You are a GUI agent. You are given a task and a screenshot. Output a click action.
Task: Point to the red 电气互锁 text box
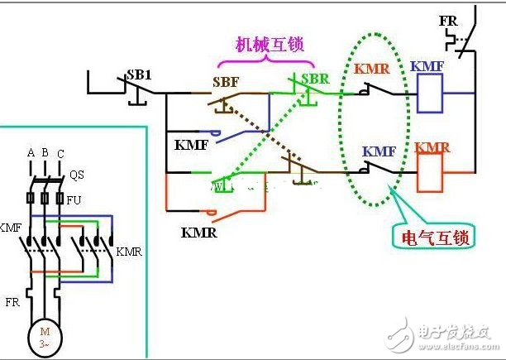point(430,238)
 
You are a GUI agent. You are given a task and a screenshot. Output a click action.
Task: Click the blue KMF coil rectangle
point(429,94)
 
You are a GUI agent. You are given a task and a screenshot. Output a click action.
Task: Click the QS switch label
point(76,175)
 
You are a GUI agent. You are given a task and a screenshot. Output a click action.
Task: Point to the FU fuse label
point(74,199)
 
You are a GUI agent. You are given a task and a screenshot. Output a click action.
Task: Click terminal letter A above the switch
point(31,153)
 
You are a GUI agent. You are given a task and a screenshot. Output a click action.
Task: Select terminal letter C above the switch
point(60,154)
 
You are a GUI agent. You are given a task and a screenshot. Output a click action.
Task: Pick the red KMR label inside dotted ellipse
point(372,69)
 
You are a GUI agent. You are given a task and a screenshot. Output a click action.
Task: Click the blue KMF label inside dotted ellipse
point(379,151)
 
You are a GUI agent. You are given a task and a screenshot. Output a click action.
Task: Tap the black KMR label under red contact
point(198,233)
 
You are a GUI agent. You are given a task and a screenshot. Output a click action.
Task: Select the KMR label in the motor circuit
point(129,251)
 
